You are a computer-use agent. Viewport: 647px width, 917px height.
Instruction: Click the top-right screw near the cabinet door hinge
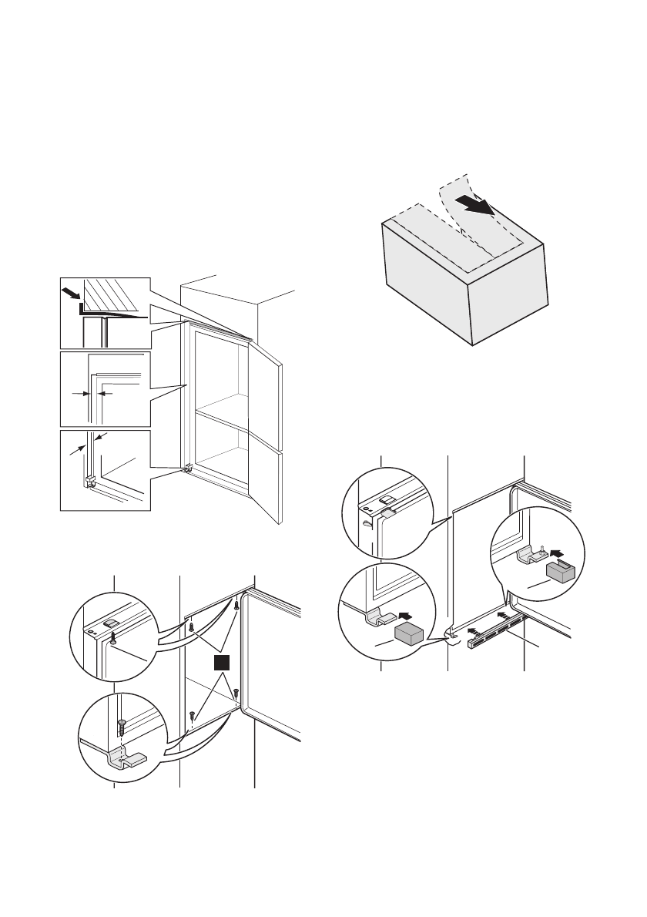click(x=237, y=606)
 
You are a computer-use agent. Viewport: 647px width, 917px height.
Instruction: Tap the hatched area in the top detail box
click(x=109, y=294)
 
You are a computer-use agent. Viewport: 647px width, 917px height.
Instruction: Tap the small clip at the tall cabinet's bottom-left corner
click(x=187, y=469)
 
